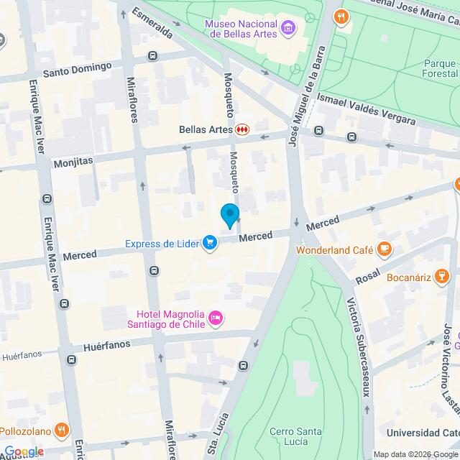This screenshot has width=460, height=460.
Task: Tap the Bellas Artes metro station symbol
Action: point(242,130)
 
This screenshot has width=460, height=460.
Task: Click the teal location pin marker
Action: point(229,215)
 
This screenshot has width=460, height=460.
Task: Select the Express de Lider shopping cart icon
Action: point(210,243)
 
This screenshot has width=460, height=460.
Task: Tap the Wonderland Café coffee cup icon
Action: point(385,249)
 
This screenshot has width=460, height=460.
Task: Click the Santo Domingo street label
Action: point(77,69)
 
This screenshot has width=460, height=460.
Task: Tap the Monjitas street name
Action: point(73,163)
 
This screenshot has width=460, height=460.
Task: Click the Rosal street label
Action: point(367,276)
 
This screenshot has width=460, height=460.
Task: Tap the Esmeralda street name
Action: point(152,23)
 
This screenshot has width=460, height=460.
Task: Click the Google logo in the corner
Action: point(23,451)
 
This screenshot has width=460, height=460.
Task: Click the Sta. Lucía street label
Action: point(217,434)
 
